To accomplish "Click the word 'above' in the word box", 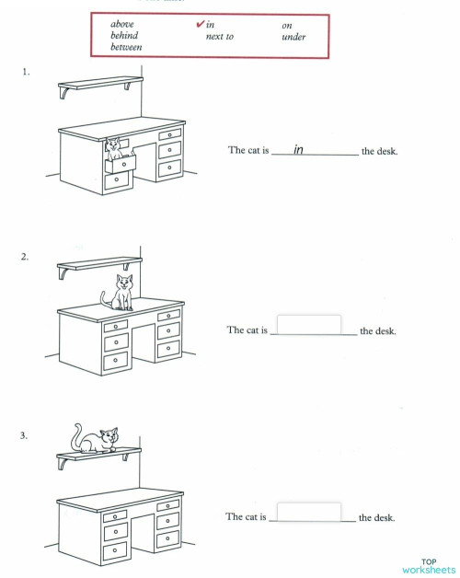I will (x=122, y=25).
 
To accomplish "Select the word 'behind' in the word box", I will (x=124, y=37).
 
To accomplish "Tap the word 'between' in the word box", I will (x=127, y=48).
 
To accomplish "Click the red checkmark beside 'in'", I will (x=200, y=24).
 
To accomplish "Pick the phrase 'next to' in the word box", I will (x=220, y=37).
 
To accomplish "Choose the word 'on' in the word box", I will (x=287, y=25).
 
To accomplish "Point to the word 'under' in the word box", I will (x=293, y=37).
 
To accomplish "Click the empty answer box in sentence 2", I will (x=308, y=325).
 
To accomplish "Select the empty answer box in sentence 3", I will (x=308, y=512).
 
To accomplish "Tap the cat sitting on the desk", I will (x=120, y=292).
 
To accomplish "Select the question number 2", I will (x=25, y=257).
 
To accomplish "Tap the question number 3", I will (x=25, y=434).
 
